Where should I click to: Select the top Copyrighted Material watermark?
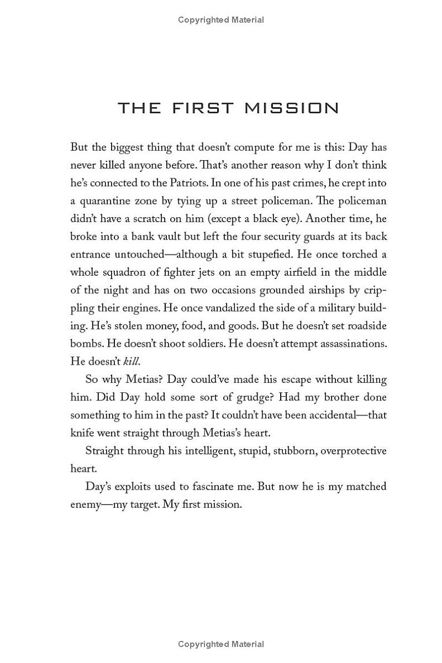click(x=221, y=20)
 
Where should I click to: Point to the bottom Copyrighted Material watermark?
click(x=221, y=644)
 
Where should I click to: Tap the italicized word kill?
click(x=131, y=361)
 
